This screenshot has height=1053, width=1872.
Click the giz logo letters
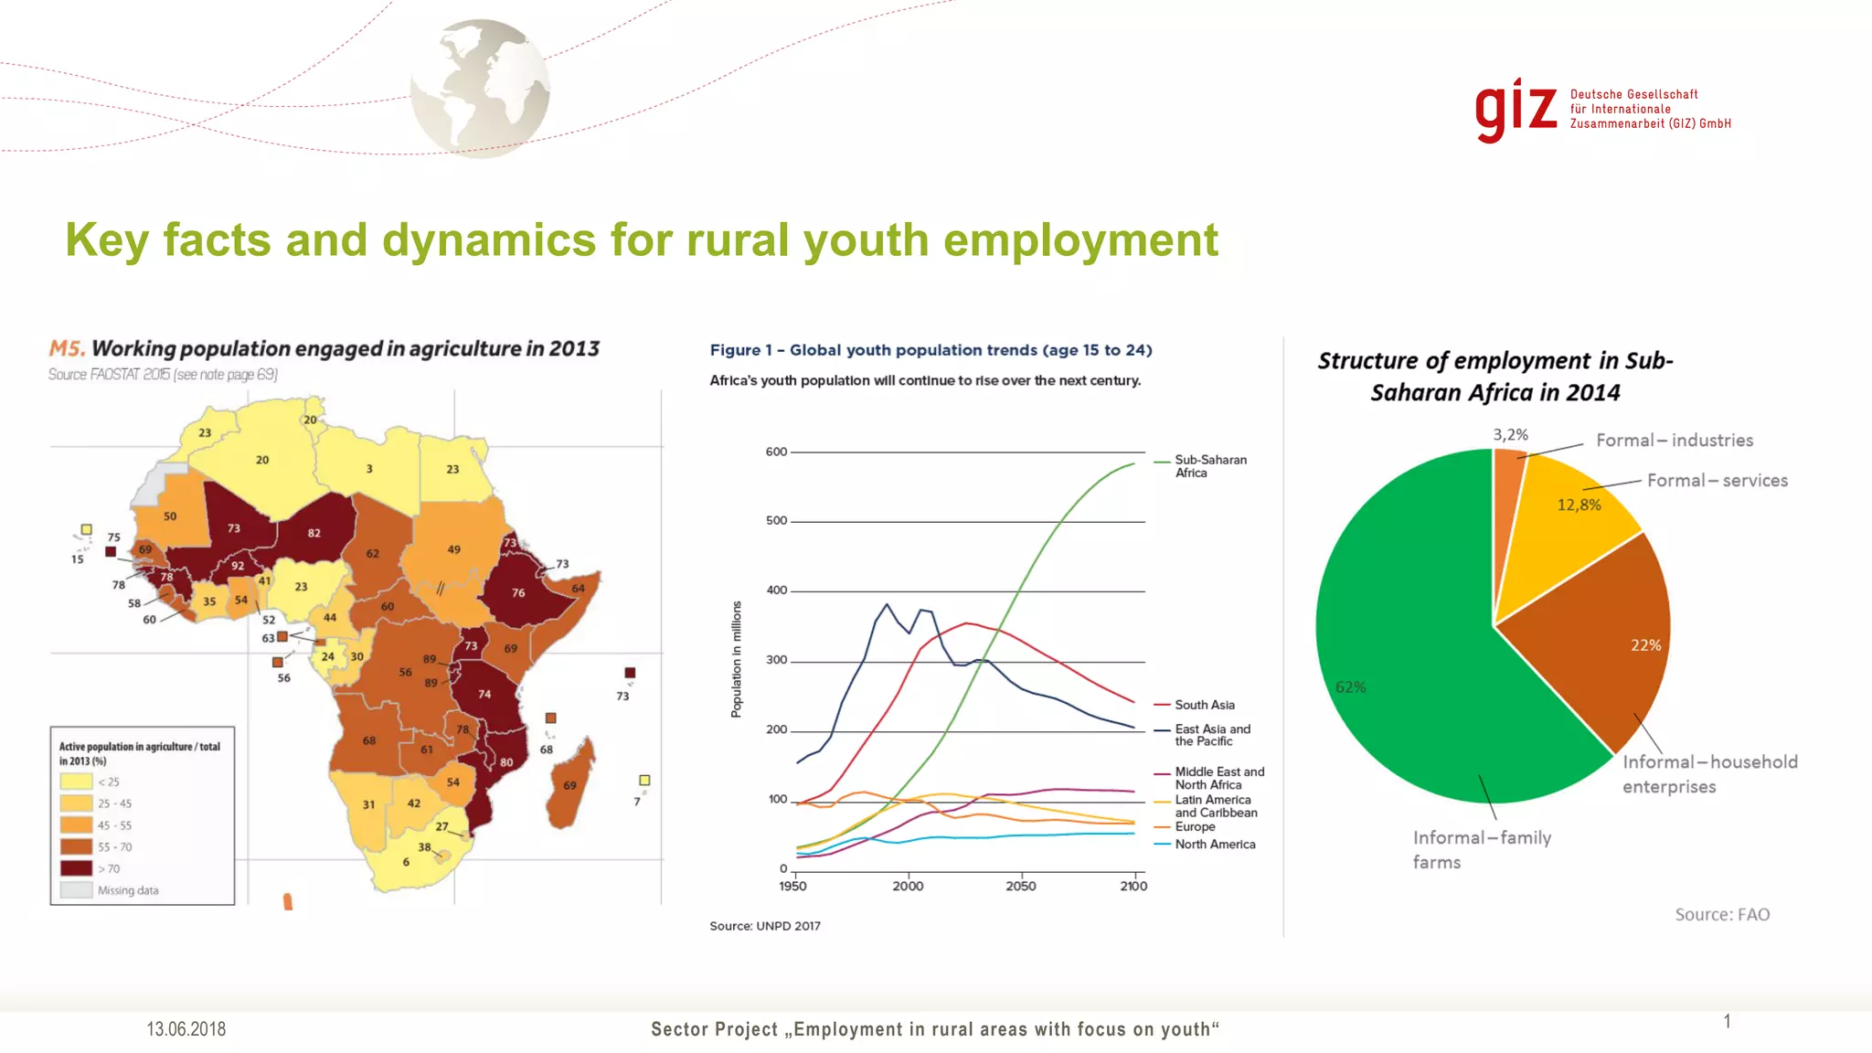coord(1516,110)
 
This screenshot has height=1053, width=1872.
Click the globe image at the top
coord(480,89)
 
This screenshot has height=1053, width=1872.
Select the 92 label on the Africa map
coord(238,566)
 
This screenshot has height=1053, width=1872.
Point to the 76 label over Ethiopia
coord(518,593)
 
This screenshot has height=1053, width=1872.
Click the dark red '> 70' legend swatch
coord(76,868)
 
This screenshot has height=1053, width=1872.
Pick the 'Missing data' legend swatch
coord(76,890)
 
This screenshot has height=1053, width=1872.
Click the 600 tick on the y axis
coord(776,452)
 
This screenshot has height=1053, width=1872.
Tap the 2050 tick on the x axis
coord(1021,886)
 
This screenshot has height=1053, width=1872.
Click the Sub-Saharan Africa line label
coord(1209,466)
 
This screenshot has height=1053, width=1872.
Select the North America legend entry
coord(1214,845)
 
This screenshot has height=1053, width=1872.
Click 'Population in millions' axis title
coord(737,659)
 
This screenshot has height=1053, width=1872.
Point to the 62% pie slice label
coord(1350,687)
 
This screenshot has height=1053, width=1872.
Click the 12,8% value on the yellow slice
coord(1579,505)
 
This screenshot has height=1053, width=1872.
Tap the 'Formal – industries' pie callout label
coord(1674,441)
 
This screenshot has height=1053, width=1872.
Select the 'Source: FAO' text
coord(1721,915)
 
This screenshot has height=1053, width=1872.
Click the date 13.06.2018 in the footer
coord(186,1029)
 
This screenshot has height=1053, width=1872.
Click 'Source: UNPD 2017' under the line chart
coord(765,926)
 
